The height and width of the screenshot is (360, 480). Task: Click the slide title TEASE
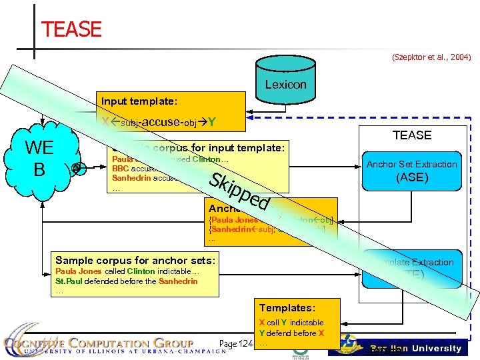(x=71, y=29)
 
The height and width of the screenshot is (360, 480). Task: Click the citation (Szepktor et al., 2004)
(x=432, y=57)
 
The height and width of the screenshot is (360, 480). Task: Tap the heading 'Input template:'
(x=139, y=101)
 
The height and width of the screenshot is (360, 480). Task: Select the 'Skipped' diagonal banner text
(x=240, y=191)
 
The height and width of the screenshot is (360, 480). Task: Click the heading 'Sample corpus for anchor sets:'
(x=135, y=260)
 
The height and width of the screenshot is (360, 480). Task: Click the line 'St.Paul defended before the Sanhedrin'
(x=127, y=281)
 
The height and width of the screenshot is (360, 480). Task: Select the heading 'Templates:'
(x=287, y=308)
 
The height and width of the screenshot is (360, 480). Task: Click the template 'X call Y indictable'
(x=291, y=323)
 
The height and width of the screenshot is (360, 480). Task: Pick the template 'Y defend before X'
(x=291, y=333)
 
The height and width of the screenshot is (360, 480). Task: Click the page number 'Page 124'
(x=237, y=343)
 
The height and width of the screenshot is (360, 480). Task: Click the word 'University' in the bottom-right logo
(x=436, y=348)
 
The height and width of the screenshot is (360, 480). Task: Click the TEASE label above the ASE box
(x=411, y=135)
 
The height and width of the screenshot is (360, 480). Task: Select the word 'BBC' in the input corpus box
(x=121, y=169)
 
